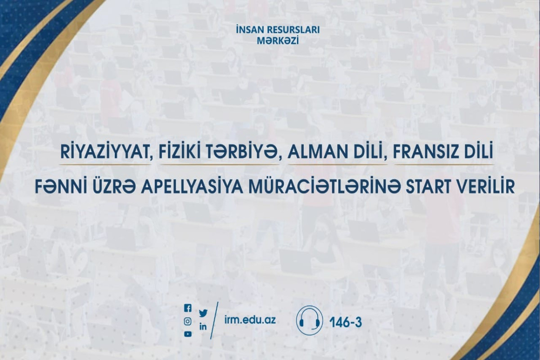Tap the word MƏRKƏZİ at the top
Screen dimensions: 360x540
(270, 40)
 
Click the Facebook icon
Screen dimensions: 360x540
(188, 308)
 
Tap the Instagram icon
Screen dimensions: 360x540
(188, 321)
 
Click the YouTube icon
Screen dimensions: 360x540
(188, 334)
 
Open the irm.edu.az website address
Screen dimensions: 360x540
(250, 320)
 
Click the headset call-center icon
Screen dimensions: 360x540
(309, 320)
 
